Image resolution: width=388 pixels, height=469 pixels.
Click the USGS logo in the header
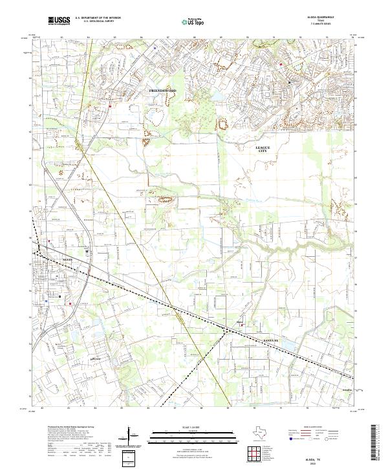pos(59,21)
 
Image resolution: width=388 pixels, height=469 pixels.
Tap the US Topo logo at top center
pos(191,21)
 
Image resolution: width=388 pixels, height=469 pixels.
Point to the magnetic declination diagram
pos(134,437)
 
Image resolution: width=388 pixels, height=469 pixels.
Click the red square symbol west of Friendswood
pos(110,106)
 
